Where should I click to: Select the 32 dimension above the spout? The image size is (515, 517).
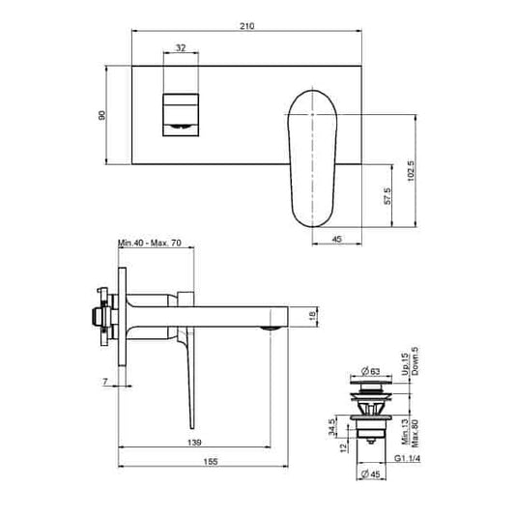coord(181,47)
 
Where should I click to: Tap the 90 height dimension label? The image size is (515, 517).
coord(100,115)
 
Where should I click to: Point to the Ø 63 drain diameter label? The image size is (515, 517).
coord(367,370)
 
